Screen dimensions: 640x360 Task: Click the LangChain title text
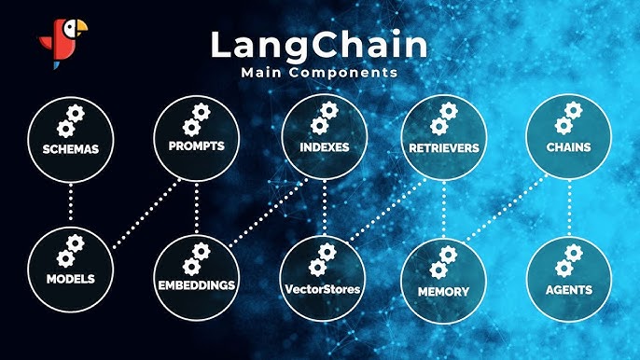319,46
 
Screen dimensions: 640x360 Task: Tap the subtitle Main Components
319,73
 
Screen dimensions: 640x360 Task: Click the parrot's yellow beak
81,26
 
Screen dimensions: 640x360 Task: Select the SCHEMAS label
71,149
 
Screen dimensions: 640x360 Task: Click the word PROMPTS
196,145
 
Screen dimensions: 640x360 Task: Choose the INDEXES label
325,147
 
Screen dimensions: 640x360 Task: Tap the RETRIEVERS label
444,147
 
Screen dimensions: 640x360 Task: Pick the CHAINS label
568,147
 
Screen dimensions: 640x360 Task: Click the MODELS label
71,279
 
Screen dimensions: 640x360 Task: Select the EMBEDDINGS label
197,284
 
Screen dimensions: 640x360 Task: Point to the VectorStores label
323,289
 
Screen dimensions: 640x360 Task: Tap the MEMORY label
444,291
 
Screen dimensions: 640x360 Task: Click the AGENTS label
569,290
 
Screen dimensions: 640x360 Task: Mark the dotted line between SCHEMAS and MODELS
71,202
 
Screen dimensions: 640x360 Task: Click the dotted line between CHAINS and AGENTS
569,207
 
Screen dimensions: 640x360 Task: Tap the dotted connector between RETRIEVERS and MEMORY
444,210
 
